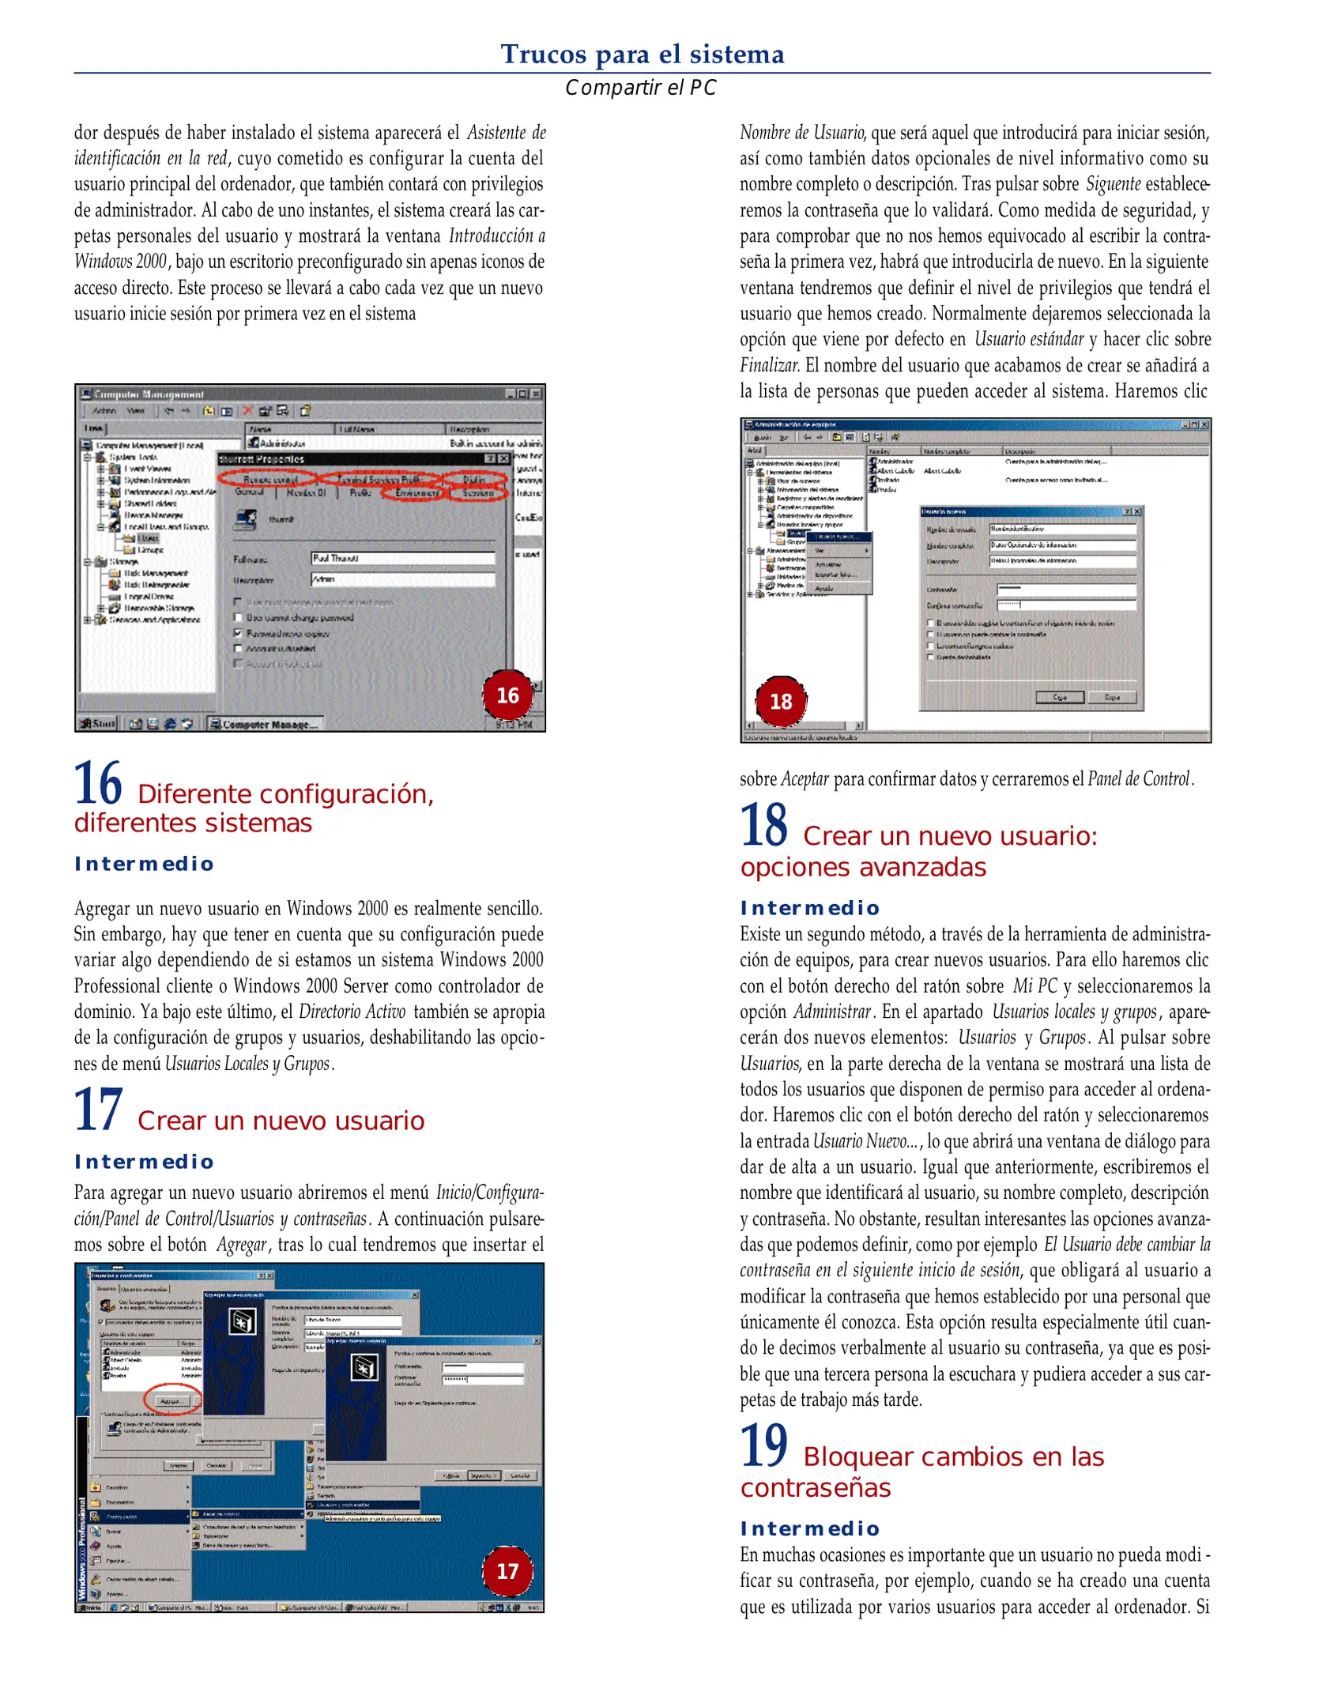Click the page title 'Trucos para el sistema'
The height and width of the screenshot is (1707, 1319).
[x=642, y=55]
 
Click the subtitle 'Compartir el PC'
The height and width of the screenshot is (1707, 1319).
[x=640, y=88]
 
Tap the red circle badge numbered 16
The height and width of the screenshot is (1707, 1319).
[x=507, y=695]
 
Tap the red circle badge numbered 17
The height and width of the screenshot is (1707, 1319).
[x=507, y=1571]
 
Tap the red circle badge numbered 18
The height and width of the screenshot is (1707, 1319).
[x=781, y=701]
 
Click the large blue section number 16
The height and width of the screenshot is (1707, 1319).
[x=98, y=783]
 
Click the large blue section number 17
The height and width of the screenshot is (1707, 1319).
[x=98, y=1110]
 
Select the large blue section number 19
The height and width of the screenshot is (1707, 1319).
[x=763, y=1445]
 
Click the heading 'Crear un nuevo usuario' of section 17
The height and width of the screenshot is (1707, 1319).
[x=281, y=1121]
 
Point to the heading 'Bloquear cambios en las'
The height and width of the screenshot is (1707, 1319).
[x=953, y=1456]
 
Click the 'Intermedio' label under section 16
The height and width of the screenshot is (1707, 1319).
[x=144, y=864]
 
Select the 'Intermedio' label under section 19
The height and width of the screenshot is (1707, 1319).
[x=809, y=1528]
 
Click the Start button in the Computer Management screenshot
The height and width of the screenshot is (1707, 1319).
[x=98, y=723]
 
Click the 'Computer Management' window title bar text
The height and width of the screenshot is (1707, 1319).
[x=149, y=394]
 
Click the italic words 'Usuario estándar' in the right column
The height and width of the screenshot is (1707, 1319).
[x=1028, y=339]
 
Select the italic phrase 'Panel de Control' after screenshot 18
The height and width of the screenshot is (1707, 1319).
[x=1138, y=778]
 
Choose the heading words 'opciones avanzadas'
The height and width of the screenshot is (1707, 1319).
[x=862, y=867]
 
